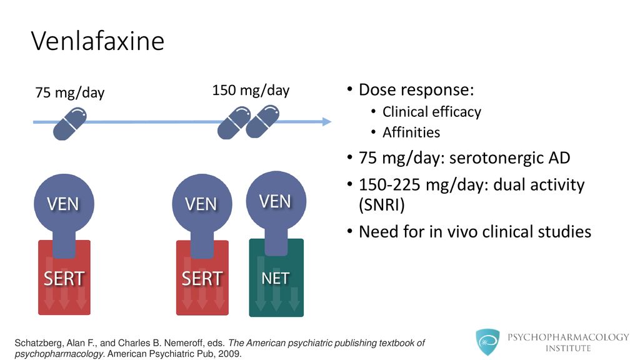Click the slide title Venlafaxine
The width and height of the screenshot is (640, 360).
[x=97, y=41]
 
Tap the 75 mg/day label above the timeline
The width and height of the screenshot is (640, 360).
[x=70, y=92]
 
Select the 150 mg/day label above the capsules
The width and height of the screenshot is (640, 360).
[x=251, y=90]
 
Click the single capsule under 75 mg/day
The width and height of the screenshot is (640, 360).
[x=70, y=124]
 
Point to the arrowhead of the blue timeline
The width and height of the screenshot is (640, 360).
[x=327, y=121]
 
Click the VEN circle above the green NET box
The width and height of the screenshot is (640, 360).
[x=276, y=201]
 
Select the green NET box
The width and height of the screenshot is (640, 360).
[x=276, y=278]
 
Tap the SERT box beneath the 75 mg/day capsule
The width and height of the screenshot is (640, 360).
[x=64, y=278]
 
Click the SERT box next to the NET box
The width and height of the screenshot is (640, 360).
[x=202, y=278]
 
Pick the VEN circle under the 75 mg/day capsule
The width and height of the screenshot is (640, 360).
[x=64, y=204]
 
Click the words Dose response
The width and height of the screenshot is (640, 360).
[x=416, y=90]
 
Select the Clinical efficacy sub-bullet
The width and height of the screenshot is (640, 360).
[x=431, y=112]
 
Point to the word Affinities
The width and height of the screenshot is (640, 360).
[x=411, y=132]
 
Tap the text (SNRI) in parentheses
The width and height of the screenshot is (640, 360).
[x=382, y=205]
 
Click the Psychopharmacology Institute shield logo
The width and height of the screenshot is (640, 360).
[x=487, y=342]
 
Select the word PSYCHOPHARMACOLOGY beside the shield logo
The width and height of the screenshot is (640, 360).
[x=568, y=337]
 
